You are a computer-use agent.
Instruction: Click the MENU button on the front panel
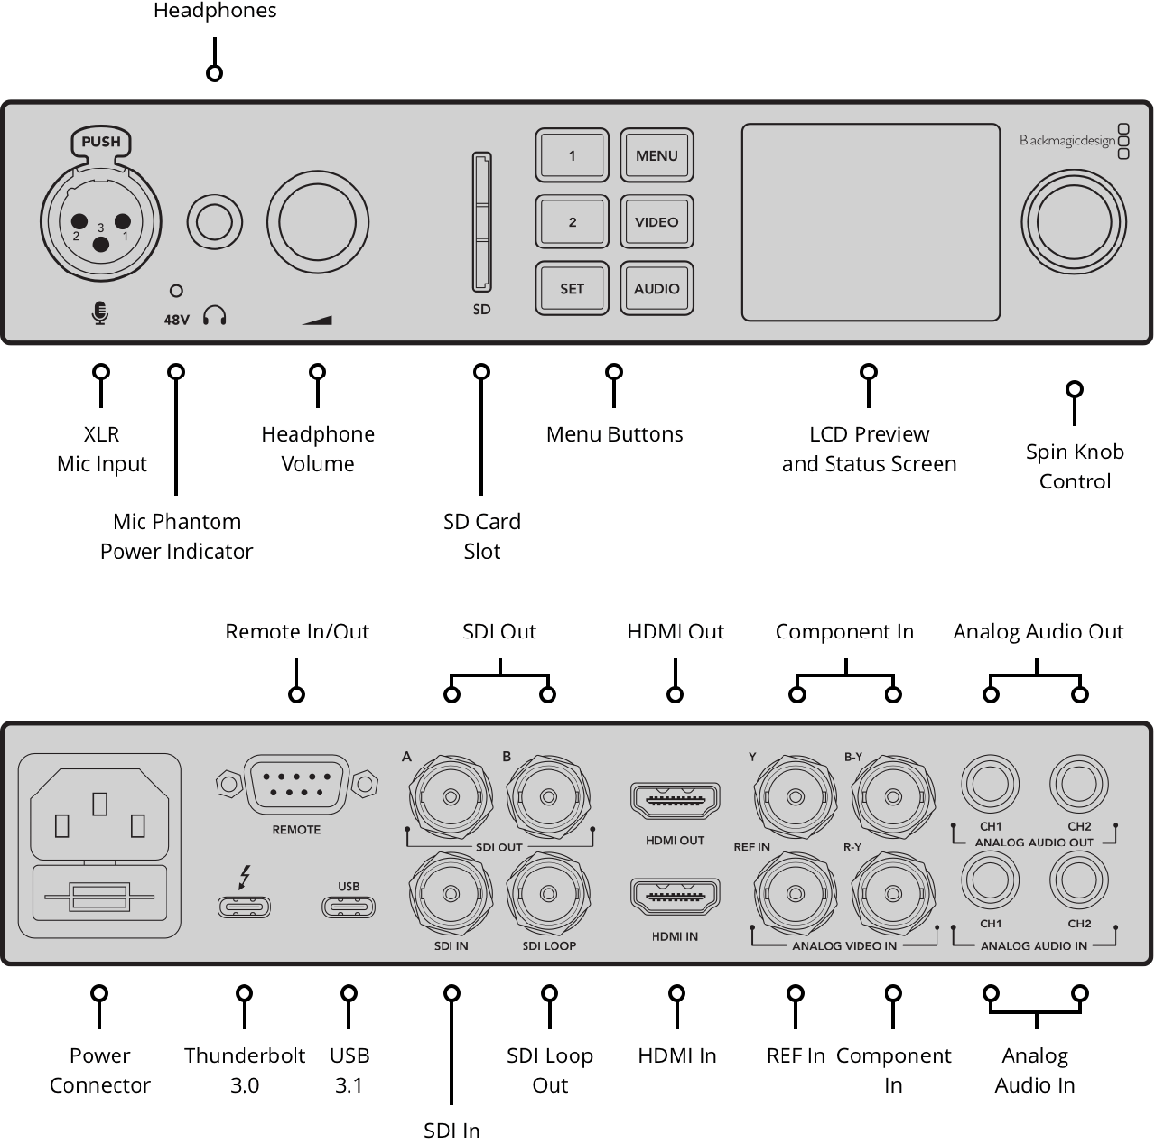(656, 155)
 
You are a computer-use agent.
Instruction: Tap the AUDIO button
(656, 289)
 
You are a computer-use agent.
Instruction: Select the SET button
(572, 289)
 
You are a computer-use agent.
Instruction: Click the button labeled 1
(572, 155)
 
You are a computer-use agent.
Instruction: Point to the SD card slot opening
(481, 221)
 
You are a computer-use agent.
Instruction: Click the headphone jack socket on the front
(214, 221)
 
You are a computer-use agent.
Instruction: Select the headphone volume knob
(317, 222)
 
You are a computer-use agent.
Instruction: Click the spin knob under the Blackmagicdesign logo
(1073, 222)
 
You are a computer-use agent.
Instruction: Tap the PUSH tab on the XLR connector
(101, 142)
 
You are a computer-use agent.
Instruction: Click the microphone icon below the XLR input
(100, 313)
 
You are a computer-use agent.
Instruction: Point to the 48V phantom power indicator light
(176, 291)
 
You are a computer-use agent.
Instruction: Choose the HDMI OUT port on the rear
(675, 799)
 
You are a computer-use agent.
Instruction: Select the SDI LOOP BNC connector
(549, 895)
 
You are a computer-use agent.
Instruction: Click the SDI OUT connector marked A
(450, 797)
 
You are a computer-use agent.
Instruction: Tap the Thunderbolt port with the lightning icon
(244, 906)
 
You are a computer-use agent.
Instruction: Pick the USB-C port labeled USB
(348, 906)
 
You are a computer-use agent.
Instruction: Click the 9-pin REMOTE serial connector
(296, 784)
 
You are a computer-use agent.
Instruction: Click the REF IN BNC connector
(795, 895)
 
